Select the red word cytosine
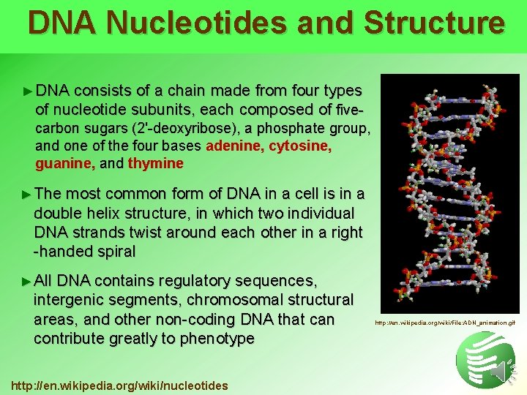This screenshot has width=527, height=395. coord(300,146)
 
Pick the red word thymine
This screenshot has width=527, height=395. coord(155,163)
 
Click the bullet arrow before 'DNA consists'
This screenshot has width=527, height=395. coord(29,91)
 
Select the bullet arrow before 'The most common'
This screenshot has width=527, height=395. coord(29,195)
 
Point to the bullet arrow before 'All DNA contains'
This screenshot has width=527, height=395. coord(29,282)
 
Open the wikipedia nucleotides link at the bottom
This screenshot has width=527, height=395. coord(119,385)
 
